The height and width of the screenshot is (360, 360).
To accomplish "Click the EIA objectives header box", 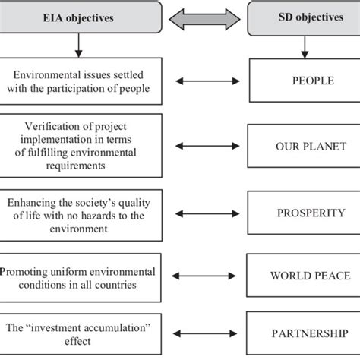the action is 81,17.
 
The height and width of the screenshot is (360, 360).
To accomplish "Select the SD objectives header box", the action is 304,18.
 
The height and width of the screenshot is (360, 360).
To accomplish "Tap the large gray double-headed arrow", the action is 204,19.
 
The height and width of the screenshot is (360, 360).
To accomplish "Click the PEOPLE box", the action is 305,81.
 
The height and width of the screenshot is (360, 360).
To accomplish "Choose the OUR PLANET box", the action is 304,146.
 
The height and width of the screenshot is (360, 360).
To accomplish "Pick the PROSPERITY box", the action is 304,213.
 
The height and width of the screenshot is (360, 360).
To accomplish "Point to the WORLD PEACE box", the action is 303,276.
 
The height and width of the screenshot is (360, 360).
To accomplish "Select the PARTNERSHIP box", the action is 303,333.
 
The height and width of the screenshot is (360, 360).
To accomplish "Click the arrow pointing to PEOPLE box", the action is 207,81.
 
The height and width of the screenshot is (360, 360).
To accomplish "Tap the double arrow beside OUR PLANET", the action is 207,146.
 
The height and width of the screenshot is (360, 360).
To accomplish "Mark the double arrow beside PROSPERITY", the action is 207,214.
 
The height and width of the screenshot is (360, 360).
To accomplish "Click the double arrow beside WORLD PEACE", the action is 204,276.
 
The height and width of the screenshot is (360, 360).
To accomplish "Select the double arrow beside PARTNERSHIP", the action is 205,333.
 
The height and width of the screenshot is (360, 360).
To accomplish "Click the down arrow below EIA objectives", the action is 79,46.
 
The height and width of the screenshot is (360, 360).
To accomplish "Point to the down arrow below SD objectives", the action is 305,47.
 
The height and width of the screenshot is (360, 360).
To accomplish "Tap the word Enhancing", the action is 31,203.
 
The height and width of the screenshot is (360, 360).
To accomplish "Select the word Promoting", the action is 24,272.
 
